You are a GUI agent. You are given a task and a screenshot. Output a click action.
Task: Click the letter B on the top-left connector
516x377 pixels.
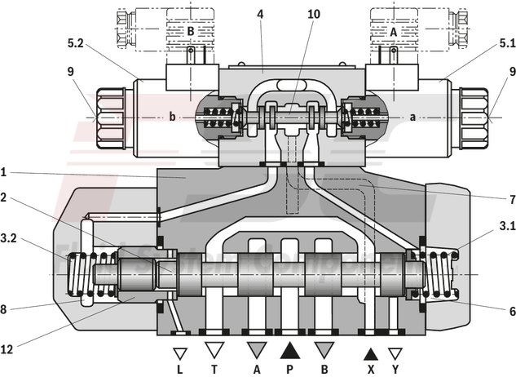(189, 32)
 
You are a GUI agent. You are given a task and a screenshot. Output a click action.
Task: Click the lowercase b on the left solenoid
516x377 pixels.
(172, 117)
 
